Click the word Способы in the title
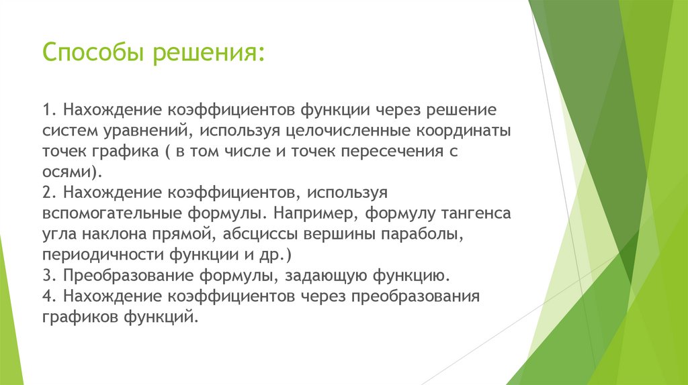point(93,52)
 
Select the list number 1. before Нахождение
point(49,109)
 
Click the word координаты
point(458,129)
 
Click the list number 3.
point(49,276)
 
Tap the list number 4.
point(49,296)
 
